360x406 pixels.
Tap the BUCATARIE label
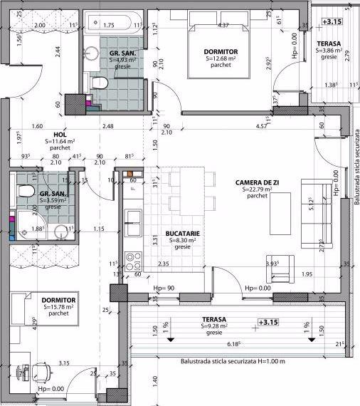point(182,233)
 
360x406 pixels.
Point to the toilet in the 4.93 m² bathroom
point(98,84)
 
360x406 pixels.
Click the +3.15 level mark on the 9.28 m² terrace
point(268,322)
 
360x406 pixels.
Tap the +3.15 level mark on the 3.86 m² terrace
point(332,22)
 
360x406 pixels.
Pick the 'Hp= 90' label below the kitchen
point(164,288)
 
